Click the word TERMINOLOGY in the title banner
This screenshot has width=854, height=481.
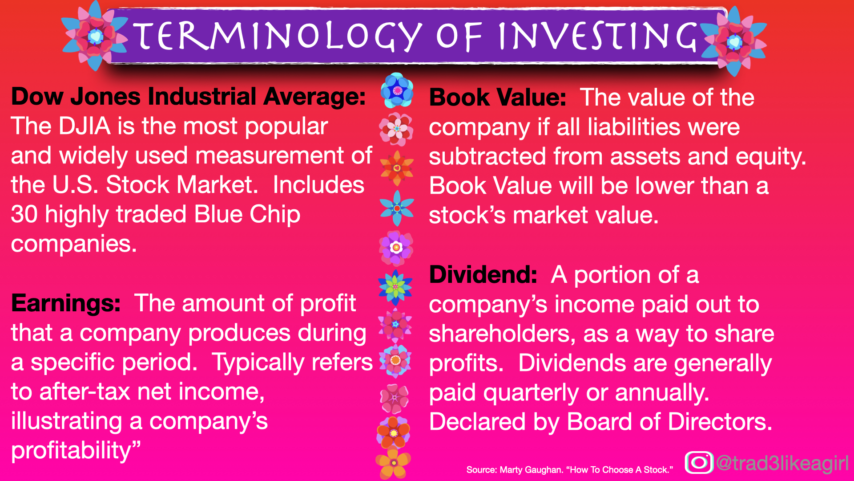277,37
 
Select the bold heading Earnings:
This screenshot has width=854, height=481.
66,303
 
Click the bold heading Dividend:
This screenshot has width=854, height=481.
483,275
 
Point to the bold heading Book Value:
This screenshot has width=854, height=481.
497,98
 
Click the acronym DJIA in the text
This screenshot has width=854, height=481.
85,126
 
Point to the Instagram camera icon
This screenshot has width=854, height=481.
699,462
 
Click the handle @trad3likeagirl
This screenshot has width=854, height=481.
782,463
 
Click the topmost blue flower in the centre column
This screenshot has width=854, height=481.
397,90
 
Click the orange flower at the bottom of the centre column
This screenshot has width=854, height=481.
393,464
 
